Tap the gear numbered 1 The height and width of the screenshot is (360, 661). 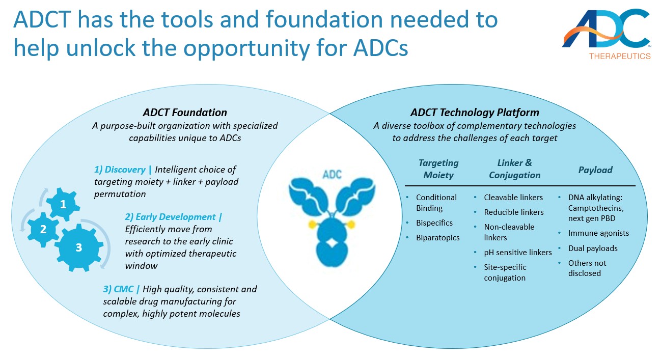pyautogui.click(x=63, y=204)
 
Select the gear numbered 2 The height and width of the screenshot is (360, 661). pyautogui.click(x=43, y=229)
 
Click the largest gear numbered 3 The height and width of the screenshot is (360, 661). pyautogui.click(x=78, y=248)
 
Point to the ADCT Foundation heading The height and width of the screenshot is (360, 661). pyautogui.click(x=184, y=113)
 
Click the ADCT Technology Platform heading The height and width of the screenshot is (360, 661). pyautogui.click(x=475, y=113)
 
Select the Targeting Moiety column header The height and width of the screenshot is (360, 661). pyautogui.click(x=438, y=169)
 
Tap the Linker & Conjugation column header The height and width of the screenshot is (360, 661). pyautogui.click(x=514, y=169)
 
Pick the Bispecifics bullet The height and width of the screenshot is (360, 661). pyautogui.click(x=434, y=223)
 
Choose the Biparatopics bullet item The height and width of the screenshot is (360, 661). pyautogui.click(x=437, y=237)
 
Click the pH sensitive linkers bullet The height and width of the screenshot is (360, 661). pyautogui.click(x=517, y=252)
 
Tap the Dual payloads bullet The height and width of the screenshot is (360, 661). pyautogui.click(x=593, y=248)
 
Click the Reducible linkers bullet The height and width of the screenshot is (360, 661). pyautogui.click(x=513, y=212)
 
